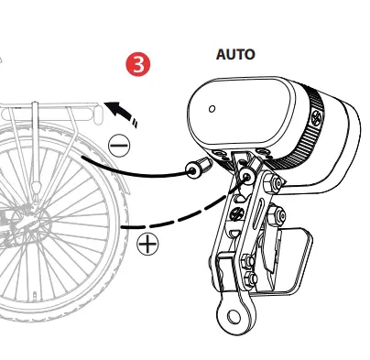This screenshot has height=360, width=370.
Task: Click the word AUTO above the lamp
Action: click(x=235, y=55)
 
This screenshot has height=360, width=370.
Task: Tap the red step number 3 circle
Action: click(x=136, y=65)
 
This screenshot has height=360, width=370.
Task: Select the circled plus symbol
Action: click(x=147, y=244)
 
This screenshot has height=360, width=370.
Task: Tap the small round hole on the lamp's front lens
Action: click(x=212, y=107)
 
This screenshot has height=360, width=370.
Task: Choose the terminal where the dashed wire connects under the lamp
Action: click(x=244, y=180)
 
